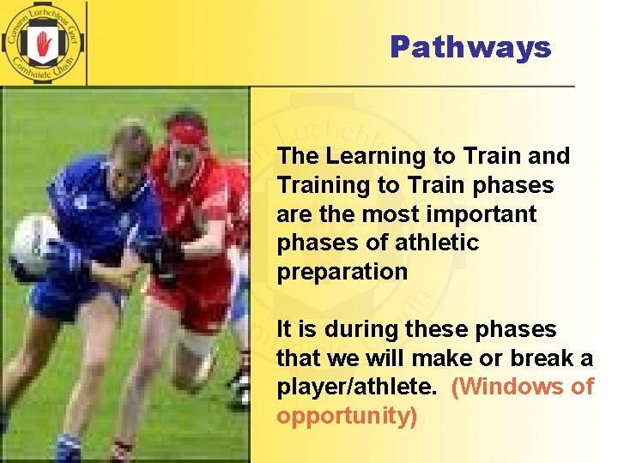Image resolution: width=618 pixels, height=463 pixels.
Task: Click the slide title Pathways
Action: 470,47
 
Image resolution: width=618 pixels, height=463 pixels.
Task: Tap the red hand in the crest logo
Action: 43,43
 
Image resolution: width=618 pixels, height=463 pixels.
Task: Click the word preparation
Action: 342,273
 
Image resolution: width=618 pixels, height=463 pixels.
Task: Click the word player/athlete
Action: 356,388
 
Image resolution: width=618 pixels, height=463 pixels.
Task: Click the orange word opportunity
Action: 343,417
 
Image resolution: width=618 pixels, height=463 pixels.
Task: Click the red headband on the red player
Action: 187,133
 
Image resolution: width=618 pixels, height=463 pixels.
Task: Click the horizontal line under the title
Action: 412,87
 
